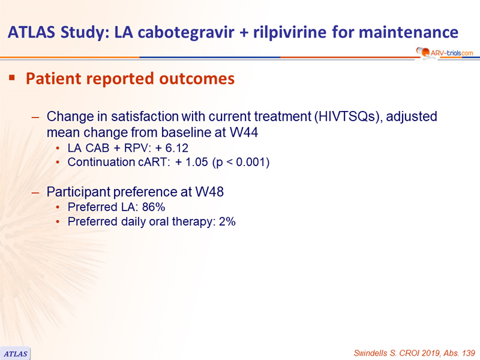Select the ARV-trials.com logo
click(x=445, y=53)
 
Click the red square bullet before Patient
click(x=12, y=77)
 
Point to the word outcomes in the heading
click(x=197, y=79)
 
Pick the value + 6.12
click(x=172, y=148)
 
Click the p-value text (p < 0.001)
click(x=241, y=162)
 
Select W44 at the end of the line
click(x=244, y=133)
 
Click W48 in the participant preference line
click(x=209, y=192)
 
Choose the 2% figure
click(x=227, y=221)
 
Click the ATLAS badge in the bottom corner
click(x=16, y=353)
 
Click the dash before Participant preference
click(x=35, y=193)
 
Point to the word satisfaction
click(x=145, y=116)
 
